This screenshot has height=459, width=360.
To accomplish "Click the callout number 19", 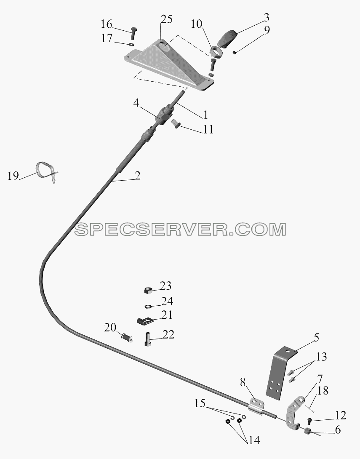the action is pos(13,176).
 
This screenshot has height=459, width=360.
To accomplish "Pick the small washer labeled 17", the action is pos(131,44).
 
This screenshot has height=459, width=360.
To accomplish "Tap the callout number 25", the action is pos(166,20).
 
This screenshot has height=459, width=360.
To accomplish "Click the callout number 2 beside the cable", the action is pos(137,176).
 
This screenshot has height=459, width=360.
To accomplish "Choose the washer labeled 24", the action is pos(148,307).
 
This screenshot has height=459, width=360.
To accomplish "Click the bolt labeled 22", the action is pos(148,339).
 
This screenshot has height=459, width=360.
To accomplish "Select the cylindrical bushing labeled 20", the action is pos(127,338).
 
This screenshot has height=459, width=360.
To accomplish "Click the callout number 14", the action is pos(254,440).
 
